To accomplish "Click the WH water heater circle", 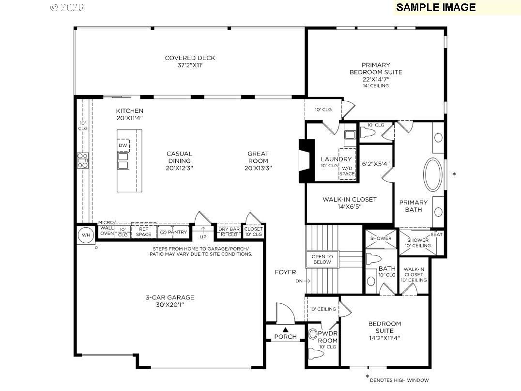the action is [x=86, y=235].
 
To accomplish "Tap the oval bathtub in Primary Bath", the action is [x=432, y=174].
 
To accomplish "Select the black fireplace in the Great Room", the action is [x=306, y=161].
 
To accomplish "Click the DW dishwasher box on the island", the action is [x=123, y=145].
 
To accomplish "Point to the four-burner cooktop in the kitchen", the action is [x=83, y=160].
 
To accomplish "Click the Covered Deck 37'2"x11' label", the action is [x=190, y=62].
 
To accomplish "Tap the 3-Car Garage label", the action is [x=170, y=301].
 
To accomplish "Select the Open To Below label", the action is [x=322, y=259].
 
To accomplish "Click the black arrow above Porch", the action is [x=285, y=330].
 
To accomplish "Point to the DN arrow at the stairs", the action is [x=307, y=281].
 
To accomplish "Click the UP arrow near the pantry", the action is [x=203, y=230].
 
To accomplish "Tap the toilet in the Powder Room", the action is [x=316, y=353].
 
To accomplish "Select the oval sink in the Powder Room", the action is [x=313, y=334].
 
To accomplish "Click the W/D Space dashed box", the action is [x=347, y=164].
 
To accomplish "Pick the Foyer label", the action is [x=285, y=272].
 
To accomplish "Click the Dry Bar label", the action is [x=229, y=229].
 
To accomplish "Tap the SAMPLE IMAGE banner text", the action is [x=436, y=7].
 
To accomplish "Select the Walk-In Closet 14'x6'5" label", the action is [x=350, y=203].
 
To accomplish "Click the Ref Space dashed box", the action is [x=143, y=232].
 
